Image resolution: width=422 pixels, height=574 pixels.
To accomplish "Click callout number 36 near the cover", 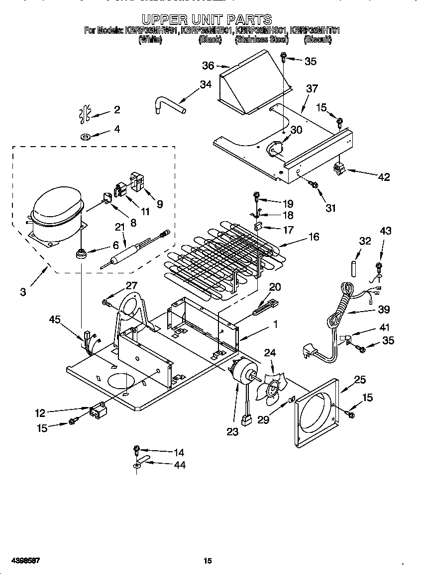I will point(208,66).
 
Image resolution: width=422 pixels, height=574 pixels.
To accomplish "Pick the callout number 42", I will point(383,176).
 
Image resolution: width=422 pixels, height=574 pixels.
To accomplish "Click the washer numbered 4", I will point(85,136).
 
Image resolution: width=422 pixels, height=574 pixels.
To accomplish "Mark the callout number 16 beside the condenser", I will point(314,237).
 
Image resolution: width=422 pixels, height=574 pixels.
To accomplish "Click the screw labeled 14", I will point(136,450).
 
